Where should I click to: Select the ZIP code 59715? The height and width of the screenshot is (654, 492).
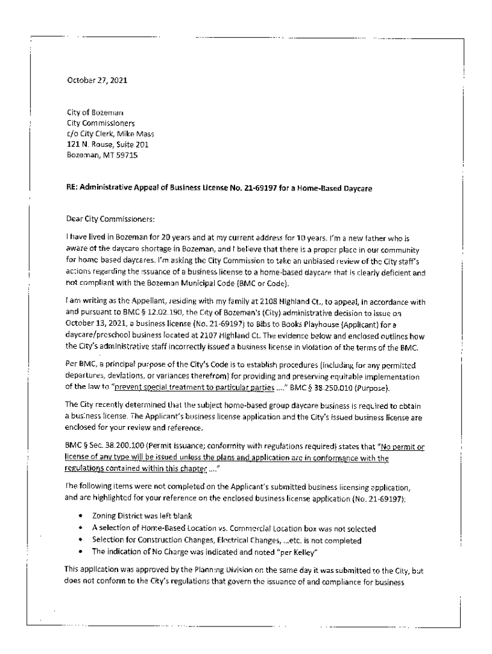[125, 155]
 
